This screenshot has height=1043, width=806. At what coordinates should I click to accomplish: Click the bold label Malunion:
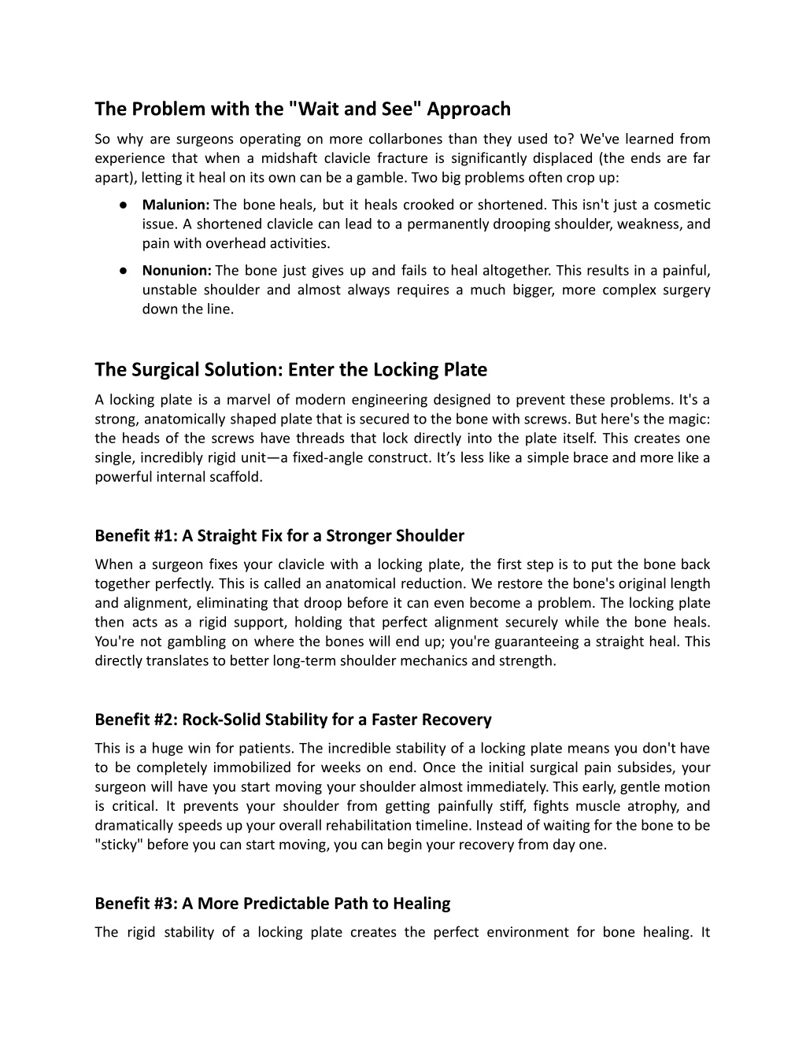176,205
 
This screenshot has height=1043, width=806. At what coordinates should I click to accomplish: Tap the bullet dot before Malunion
124,205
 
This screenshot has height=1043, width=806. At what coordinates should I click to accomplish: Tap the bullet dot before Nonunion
124,271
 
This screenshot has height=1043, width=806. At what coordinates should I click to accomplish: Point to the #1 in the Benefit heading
165,536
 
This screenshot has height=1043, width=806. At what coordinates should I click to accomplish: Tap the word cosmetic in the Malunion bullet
682,205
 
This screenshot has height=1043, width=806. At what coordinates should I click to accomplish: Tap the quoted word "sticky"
119,845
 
